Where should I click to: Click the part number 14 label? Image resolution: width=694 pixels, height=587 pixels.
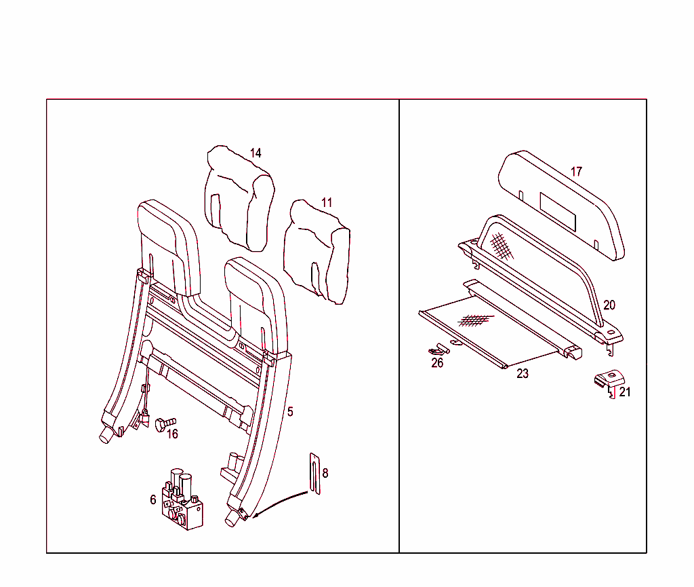point(256,153)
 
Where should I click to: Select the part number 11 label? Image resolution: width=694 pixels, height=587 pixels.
point(327,202)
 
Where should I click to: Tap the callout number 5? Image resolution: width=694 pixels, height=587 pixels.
point(290,412)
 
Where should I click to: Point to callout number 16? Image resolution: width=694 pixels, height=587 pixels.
point(173,434)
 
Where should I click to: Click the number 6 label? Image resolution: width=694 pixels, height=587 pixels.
point(153,499)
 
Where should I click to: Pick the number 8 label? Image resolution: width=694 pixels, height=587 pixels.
point(325,473)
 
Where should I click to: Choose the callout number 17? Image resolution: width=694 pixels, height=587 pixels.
point(576,172)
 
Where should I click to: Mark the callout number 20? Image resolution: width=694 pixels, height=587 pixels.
point(609,305)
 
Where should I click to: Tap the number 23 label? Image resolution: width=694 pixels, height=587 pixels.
point(523,373)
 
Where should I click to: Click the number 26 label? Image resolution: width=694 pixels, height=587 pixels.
point(438,363)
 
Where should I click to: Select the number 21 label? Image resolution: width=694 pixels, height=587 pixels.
point(625,392)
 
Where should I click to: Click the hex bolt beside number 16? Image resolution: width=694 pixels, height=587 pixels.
point(164,424)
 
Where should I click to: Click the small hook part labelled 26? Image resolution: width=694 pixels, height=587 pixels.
point(440,350)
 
